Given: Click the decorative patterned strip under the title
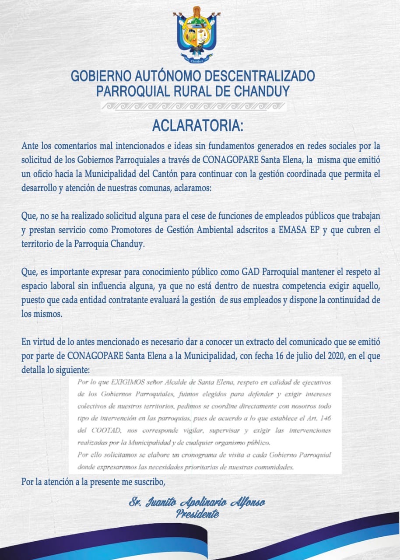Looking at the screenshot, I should click(x=193, y=106).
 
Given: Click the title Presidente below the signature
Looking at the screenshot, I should click(x=197, y=514).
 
